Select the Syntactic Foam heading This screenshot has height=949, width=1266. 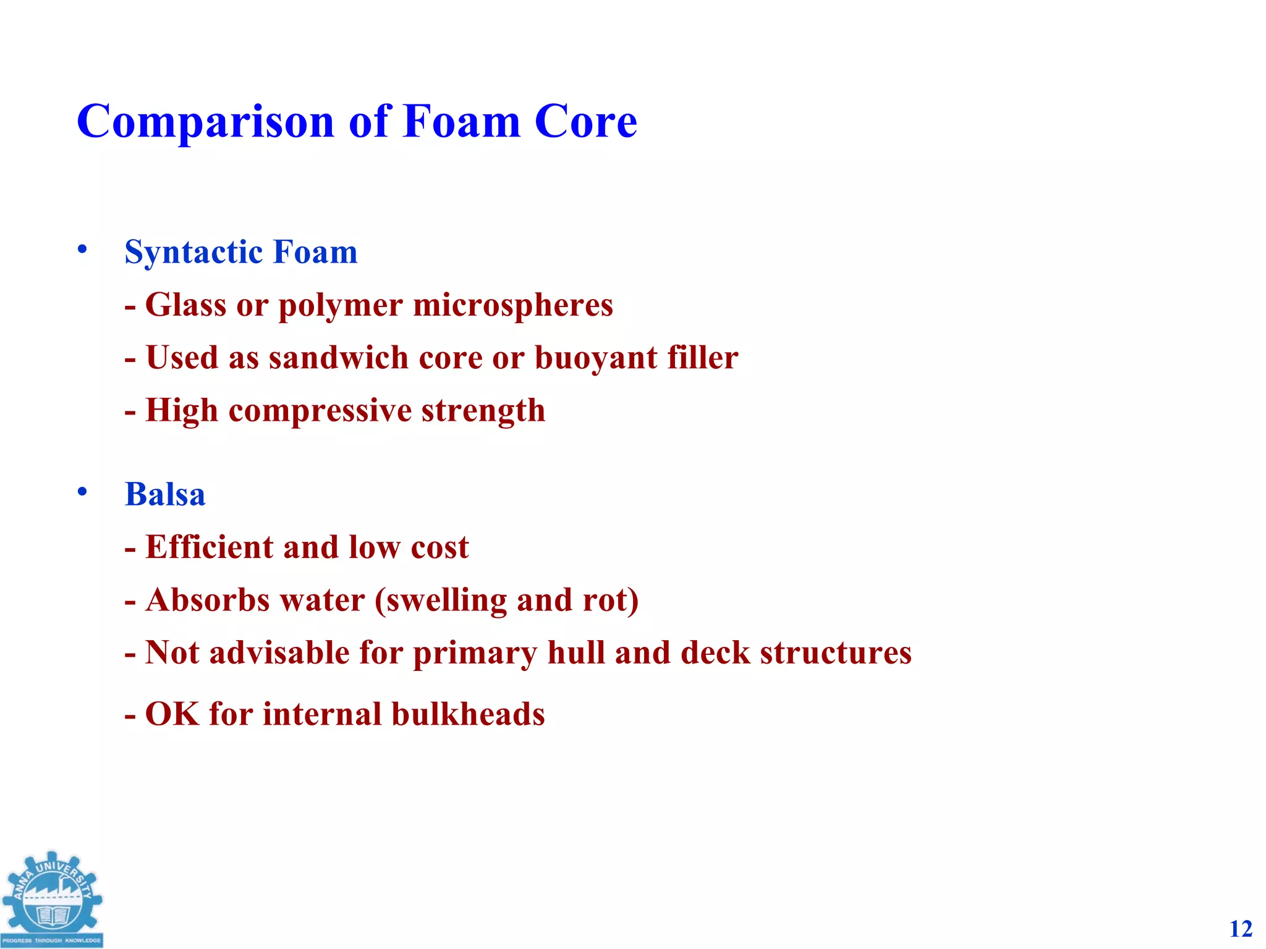(x=241, y=252)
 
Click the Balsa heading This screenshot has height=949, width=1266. (x=165, y=494)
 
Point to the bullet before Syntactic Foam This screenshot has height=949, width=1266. (x=82, y=249)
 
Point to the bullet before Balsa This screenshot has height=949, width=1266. (x=82, y=492)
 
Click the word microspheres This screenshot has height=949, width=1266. (x=512, y=305)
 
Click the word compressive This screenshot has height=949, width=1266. (x=320, y=411)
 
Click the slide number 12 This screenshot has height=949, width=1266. (x=1240, y=929)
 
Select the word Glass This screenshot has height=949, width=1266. (x=185, y=305)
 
